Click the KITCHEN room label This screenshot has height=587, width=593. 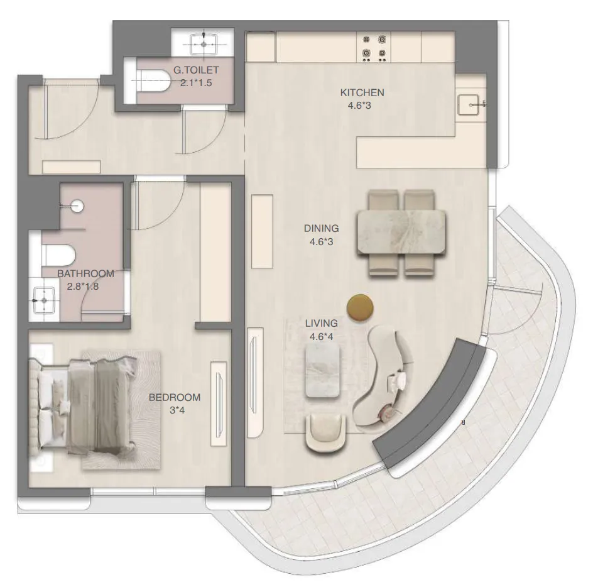pyautogui.click(x=362, y=93)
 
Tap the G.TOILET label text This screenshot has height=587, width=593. pyautogui.click(x=197, y=70)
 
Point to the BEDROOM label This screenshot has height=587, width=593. pyautogui.click(x=175, y=397)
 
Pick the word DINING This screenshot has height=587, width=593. pyautogui.click(x=321, y=229)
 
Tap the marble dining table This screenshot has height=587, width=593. pyautogui.click(x=401, y=231)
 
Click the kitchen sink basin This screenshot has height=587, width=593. pyautogui.click(x=469, y=105)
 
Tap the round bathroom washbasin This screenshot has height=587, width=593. pyautogui.click(x=77, y=205)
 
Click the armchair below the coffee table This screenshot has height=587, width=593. pyautogui.click(x=325, y=434)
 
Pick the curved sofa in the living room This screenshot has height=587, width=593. pyautogui.click(x=382, y=377)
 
